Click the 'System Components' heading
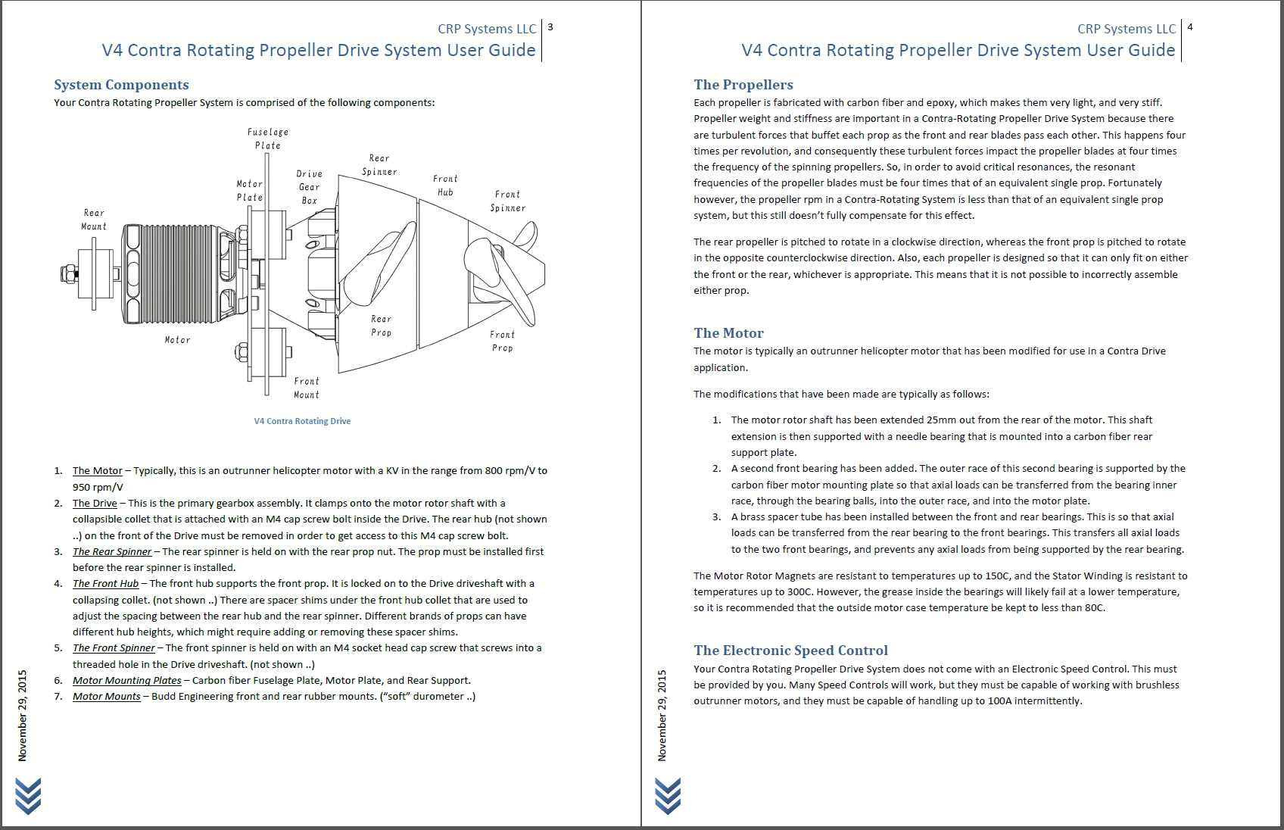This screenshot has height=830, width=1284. (x=121, y=85)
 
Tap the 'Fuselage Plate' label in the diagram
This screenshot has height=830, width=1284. (x=267, y=139)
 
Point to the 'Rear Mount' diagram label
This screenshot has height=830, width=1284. (x=94, y=220)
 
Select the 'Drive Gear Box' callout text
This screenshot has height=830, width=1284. (x=309, y=187)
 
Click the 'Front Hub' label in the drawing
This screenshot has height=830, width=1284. (x=445, y=186)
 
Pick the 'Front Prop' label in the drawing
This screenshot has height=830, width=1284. (x=502, y=341)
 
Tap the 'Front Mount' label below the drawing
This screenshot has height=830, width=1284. (x=307, y=388)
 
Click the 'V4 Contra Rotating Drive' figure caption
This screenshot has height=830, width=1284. (x=302, y=421)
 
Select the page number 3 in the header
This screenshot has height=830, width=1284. (x=550, y=27)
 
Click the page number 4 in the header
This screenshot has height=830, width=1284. (x=1190, y=27)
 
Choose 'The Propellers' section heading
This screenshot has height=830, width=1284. (x=743, y=85)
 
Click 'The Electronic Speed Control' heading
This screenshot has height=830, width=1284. (x=790, y=651)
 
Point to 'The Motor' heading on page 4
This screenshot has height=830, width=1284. (x=728, y=333)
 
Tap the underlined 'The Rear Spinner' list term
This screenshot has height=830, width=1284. (x=112, y=551)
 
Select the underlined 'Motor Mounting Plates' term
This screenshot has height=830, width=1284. (x=126, y=680)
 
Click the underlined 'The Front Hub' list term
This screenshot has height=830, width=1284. (x=105, y=583)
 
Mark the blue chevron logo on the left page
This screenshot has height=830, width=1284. (x=27, y=796)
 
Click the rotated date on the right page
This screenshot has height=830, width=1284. (x=662, y=715)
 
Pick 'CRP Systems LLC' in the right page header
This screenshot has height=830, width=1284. (x=1126, y=29)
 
